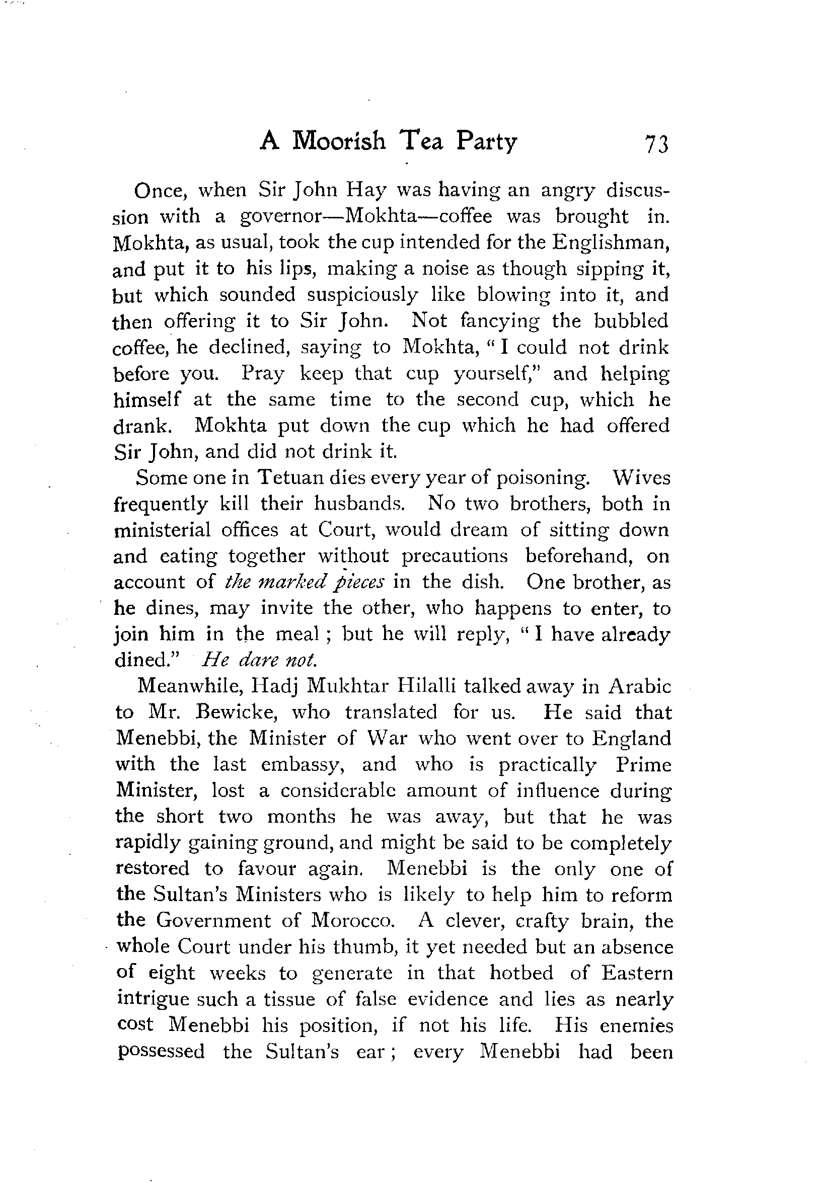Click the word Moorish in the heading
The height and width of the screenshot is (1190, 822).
[338, 140]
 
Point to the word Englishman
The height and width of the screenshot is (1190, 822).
[611, 243]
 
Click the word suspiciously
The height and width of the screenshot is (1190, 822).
[362, 295]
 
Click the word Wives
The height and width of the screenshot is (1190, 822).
[641, 478]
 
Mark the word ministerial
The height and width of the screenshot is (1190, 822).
[162, 530]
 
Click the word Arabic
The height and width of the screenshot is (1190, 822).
[640, 687]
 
